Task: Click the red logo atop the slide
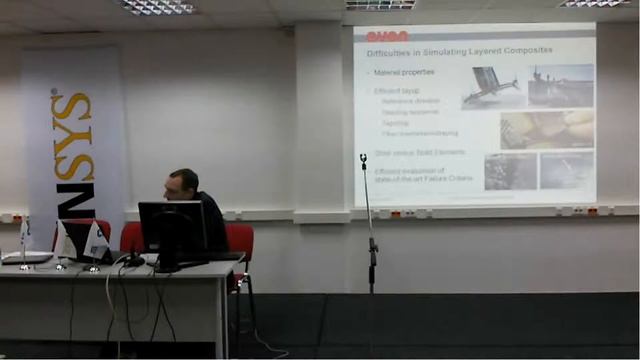[x=386, y=36]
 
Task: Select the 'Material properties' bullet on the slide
[x=404, y=72]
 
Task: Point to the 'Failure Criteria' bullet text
[x=410, y=176]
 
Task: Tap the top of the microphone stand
[x=363, y=159]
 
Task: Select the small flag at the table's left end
[x=25, y=232]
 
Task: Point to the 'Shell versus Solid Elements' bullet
[x=420, y=152]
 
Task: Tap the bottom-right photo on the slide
[x=567, y=170]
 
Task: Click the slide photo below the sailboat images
[x=546, y=129]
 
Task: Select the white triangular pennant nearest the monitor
[x=97, y=241]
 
